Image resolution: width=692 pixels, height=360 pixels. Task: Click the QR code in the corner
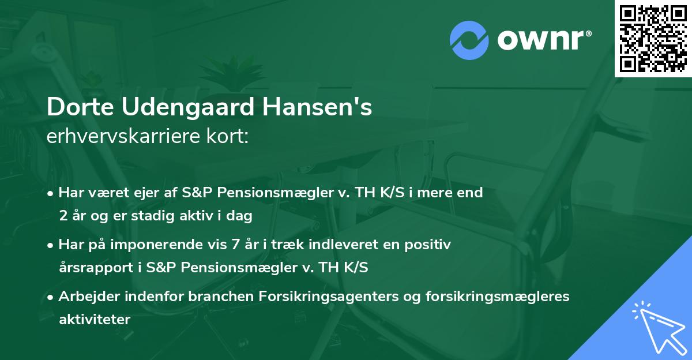(653, 39)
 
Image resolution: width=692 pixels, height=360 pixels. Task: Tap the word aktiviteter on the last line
(95, 320)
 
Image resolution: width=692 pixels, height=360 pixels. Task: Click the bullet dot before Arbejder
(51, 297)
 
